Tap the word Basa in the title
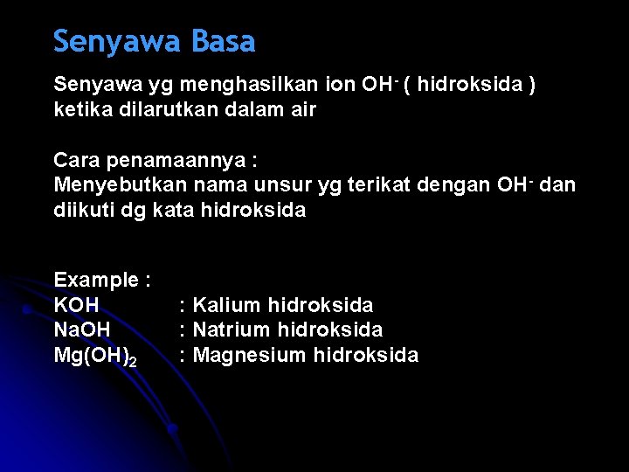point(223,42)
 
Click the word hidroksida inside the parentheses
point(473,85)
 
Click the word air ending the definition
point(302,110)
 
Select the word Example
point(97,280)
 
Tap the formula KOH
point(77,305)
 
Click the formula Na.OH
point(83,330)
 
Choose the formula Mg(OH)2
point(94,356)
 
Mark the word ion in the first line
point(338,85)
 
